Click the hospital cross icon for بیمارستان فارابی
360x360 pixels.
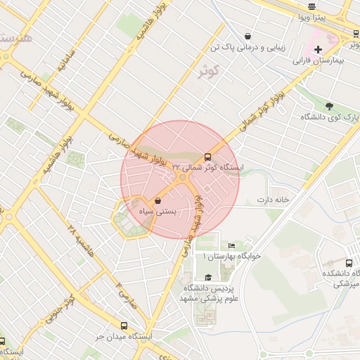coord(318,49)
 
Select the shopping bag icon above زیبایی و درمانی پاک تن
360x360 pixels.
coord(247,36)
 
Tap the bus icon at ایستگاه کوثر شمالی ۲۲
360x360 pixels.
coord(207,157)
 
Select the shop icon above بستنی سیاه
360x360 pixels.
coord(157,201)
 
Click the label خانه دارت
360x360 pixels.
coord(274,200)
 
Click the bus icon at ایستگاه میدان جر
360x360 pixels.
coord(124,326)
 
